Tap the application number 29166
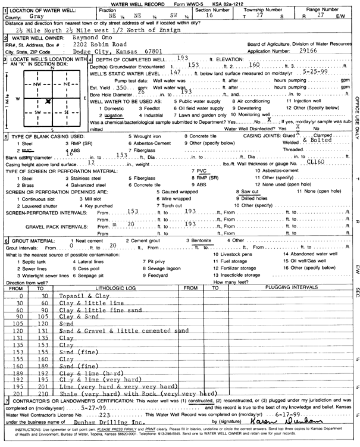point(321,51)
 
